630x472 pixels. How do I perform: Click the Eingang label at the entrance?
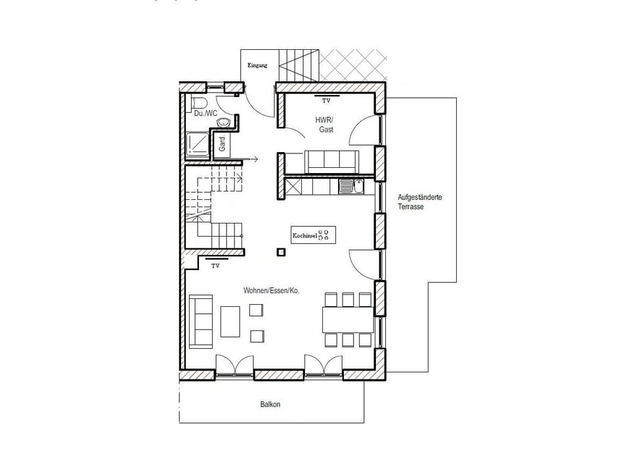pos(258,66)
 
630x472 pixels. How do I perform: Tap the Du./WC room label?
pos(206,113)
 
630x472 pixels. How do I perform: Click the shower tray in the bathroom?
pos(197,144)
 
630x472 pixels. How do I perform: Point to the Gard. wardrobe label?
pos(222,144)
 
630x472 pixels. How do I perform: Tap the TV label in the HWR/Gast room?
pos(326,101)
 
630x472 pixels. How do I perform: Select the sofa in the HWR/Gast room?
pos(331,161)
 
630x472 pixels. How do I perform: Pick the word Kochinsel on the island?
pos(304,235)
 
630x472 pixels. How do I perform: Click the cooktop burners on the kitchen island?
pos(325,235)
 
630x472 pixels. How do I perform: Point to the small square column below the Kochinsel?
pos(281,251)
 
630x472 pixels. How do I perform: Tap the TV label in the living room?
pos(215,266)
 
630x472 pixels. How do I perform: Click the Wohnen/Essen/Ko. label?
pos(271,290)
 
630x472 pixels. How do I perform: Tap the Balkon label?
pos(270,404)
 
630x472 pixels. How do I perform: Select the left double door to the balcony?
pos(234,364)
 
